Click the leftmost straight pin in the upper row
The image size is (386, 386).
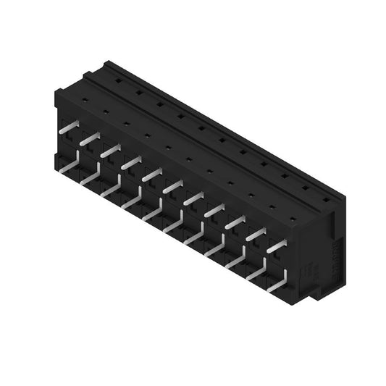coord(69,127)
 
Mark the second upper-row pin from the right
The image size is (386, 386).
coord(255,234)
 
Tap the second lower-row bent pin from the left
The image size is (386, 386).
coord(91,177)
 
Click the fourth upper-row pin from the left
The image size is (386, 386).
coord(131,163)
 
